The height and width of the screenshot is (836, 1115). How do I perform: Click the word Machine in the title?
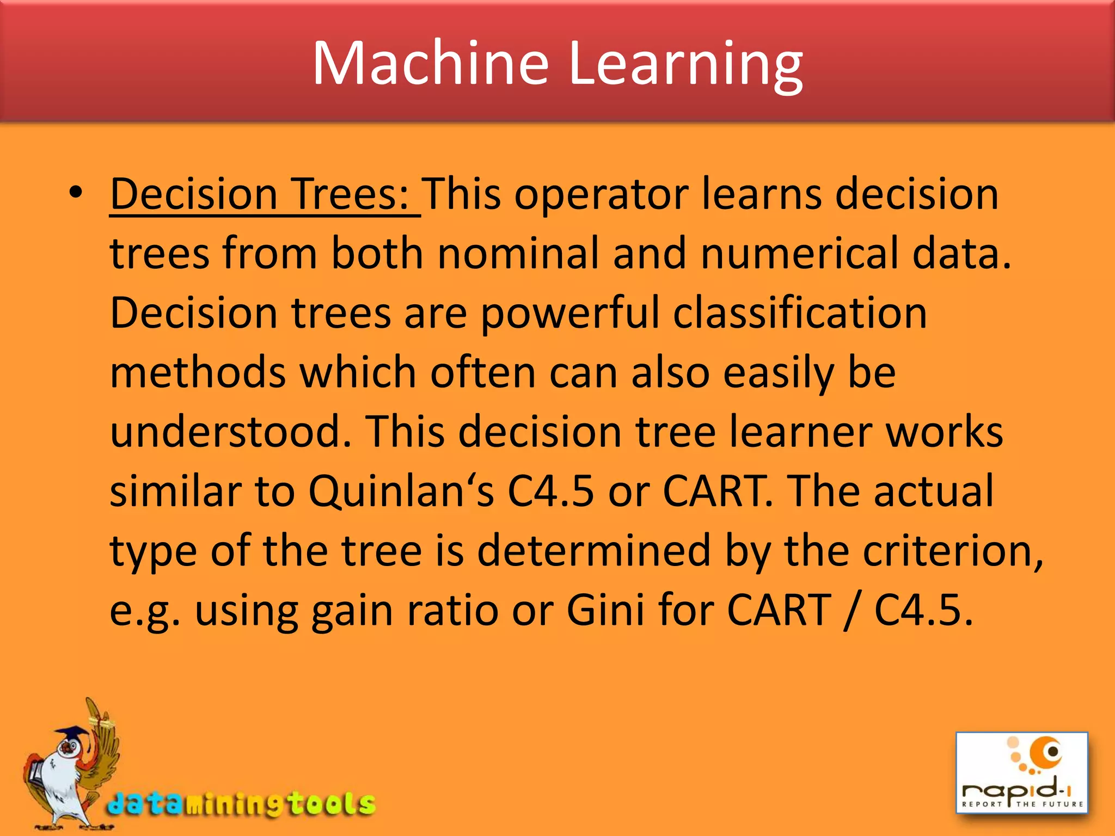(430, 64)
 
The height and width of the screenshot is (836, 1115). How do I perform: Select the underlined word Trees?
(351, 194)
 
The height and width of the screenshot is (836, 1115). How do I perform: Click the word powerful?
(569, 315)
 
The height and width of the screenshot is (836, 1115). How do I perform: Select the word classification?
(800, 313)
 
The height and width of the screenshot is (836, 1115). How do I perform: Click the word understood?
(231, 432)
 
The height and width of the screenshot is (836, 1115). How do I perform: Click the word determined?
(593, 551)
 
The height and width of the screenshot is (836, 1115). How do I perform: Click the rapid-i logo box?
(1021, 772)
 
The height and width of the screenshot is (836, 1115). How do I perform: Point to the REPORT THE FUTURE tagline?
(1022, 804)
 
